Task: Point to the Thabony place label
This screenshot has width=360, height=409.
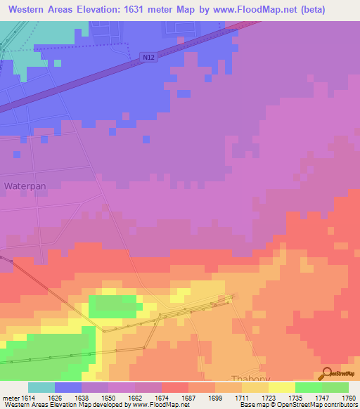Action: (250, 377)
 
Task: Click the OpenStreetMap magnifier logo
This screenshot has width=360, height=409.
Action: (326, 373)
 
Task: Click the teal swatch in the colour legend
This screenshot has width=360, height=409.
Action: (41, 387)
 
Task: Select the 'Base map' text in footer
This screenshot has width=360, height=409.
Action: (255, 405)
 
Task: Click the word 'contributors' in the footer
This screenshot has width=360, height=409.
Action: (338, 405)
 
